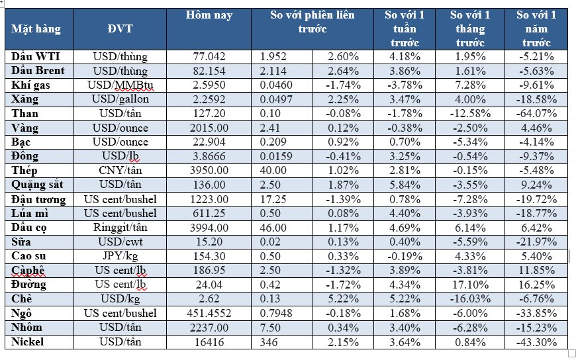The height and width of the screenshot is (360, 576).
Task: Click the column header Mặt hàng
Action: pos(36,29)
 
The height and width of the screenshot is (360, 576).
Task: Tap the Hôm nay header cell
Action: pos(209,15)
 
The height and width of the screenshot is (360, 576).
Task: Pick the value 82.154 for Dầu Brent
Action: pos(209,71)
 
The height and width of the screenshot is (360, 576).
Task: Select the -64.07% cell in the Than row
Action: pos(536,114)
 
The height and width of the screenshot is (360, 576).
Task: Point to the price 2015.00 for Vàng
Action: pos(209,128)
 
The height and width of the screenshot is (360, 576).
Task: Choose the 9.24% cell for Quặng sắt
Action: pos(536,185)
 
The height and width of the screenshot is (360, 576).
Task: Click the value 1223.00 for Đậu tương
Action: pos(209,199)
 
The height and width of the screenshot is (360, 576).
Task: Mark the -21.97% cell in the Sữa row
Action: pos(536,242)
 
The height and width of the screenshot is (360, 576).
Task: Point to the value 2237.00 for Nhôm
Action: pos(209,328)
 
